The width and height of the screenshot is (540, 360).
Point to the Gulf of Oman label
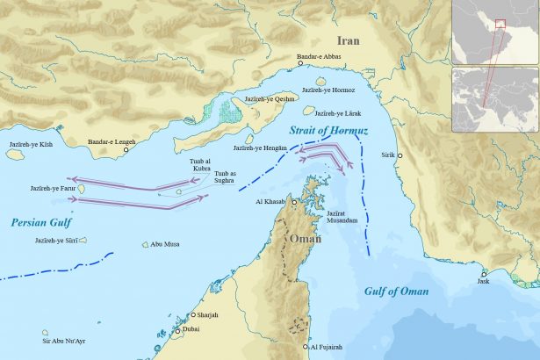click(x=397, y=291)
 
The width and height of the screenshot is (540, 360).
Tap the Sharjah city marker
click(x=191, y=315)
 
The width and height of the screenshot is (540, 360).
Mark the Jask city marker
click(x=483, y=274)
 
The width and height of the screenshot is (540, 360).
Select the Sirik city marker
click(x=400, y=155)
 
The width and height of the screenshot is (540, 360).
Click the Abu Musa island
click(x=145, y=245)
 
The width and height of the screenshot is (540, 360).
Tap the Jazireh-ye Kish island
click(x=14, y=153)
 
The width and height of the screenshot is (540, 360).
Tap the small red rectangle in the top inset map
click(x=500, y=24)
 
